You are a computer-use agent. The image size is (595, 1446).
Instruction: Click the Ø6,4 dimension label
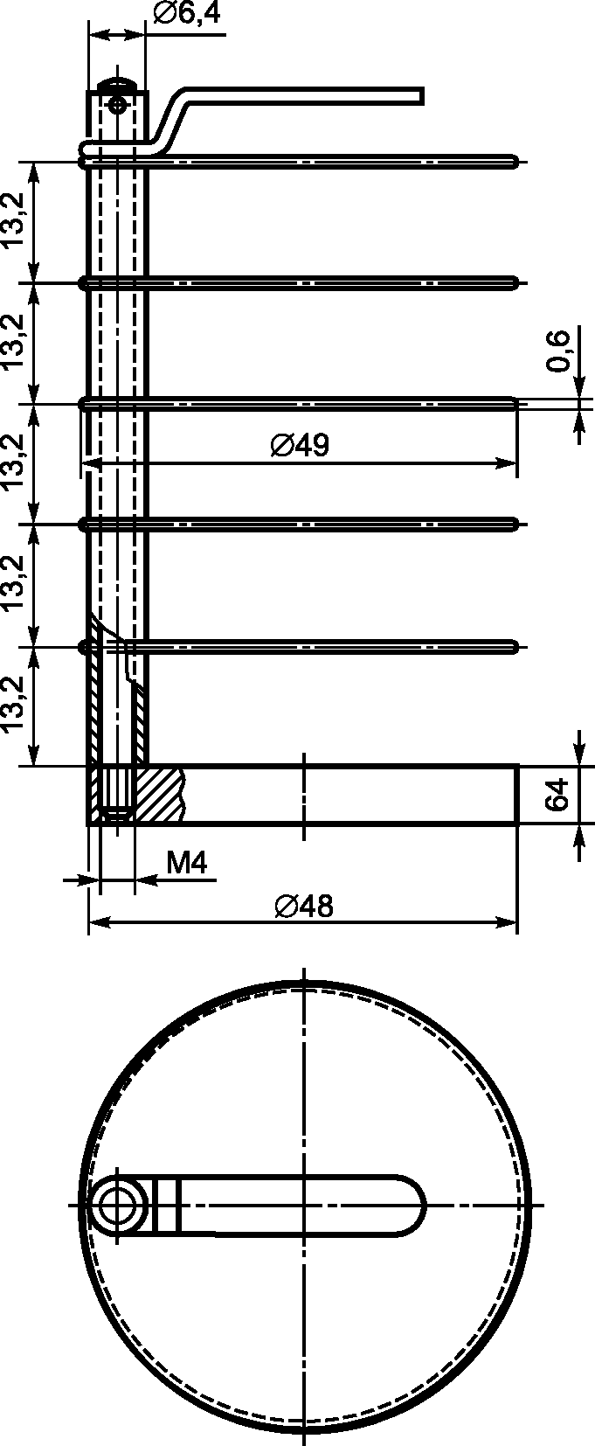(x=186, y=13)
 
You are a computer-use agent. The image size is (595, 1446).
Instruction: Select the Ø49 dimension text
(x=300, y=445)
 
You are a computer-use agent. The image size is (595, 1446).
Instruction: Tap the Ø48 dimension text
(x=304, y=906)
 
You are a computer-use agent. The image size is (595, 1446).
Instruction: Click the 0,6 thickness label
(x=558, y=351)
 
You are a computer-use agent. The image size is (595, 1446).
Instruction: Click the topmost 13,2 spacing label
(x=14, y=219)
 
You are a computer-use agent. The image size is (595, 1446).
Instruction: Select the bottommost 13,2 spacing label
(x=14, y=705)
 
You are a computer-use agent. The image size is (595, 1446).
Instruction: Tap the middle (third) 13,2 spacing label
(x=14, y=462)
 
